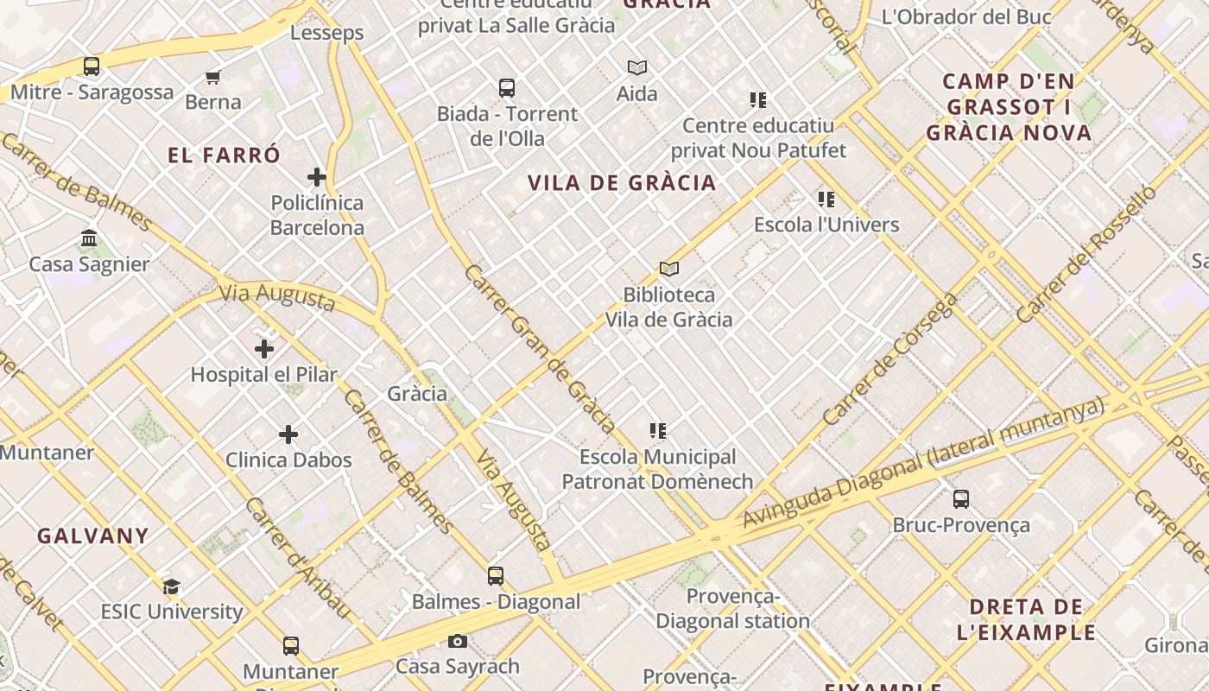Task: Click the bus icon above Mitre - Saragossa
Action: pos(91,66)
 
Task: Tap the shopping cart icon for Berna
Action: pos(213,77)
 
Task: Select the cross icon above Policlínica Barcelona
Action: pos(317,178)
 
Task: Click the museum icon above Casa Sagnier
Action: pos(89,238)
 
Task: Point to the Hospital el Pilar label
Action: pos(263,375)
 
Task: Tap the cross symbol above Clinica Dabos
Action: pos(288,434)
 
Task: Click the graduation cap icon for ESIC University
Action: pos(172,587)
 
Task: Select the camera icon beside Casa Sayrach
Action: pos(458,642)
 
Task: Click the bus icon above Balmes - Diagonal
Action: pos(496,576)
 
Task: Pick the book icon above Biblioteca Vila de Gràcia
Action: pos(669,269)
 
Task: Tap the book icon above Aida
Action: pos(637,68)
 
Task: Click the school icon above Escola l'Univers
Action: pos(826,200)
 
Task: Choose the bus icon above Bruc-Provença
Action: pos(961,499)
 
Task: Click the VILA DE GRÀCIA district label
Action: pos(622,183)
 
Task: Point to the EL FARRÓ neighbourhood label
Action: pos(225,155)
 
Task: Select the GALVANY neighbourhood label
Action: pos(93,536)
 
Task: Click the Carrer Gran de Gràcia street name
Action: pos(539,349)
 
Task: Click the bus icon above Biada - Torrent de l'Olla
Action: pos(507,88)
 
